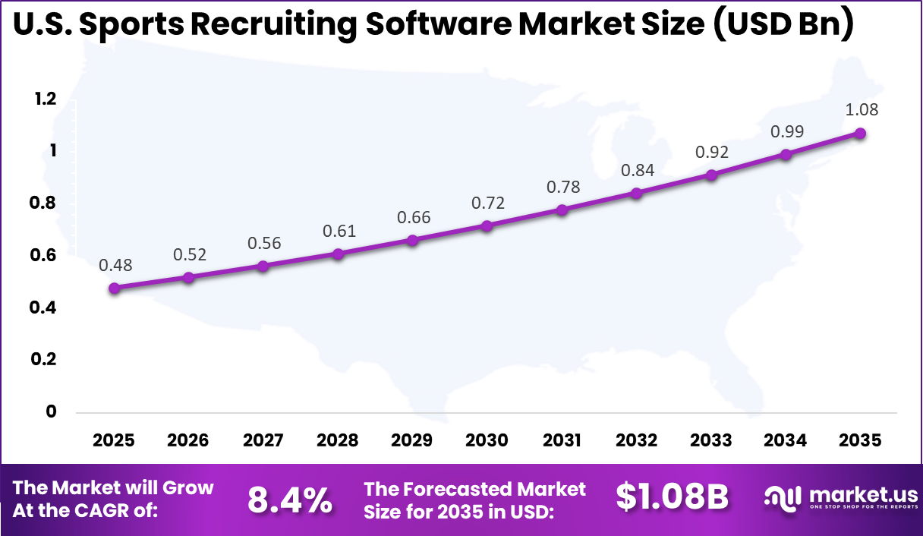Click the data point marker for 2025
tap(115, 288)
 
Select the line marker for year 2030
tap(487, 225)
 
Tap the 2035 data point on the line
tap(860, 133)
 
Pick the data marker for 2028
tap(339, 254)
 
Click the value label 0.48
tap(115, 265)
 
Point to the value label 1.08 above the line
tap(862, 109)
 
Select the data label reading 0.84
tap(637, 169)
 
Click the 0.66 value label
tap(414, 217)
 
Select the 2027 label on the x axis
tap(263, 440)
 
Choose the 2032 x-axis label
tap(637, 440)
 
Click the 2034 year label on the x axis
tap(786, 440)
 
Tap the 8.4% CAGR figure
tap(290, 499)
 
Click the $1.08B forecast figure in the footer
tap(672, 497)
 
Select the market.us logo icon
tap(783, 498)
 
